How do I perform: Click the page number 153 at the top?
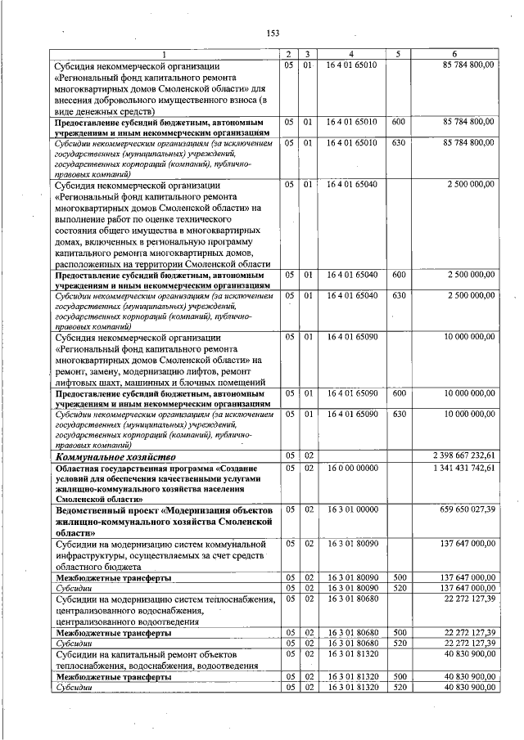point(273,33)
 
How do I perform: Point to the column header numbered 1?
point(165,55)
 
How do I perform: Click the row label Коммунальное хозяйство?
point(115,455)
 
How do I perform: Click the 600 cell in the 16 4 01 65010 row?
point(399,121)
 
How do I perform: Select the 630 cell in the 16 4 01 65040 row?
point(399,294)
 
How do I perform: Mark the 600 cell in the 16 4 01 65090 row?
point(399,393)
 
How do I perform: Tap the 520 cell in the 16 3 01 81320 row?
point(399,688)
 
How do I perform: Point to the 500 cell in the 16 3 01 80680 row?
point(399,632)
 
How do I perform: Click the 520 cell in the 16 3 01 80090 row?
point(399,587)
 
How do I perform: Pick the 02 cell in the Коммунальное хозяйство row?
point(307,455)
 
